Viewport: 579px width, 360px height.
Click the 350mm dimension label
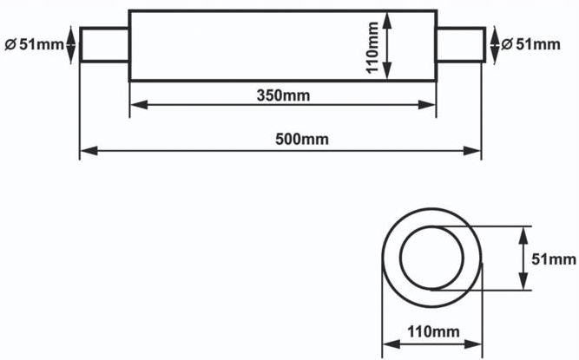(283, 95)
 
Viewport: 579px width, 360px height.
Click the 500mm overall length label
(302, 140)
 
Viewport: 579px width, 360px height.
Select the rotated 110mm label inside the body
(372, 48)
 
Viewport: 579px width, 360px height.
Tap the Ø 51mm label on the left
(35, 44)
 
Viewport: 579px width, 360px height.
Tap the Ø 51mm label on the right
(530, 44)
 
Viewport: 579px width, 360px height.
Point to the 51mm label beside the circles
(554, 259)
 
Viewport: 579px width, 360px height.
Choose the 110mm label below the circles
(433, 331)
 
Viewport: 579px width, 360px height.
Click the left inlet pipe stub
(105, 44)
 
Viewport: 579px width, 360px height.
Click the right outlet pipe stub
(461, 44)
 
